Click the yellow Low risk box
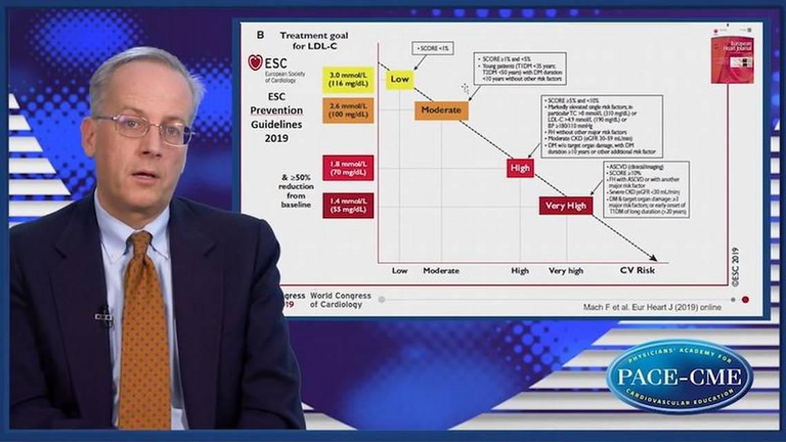[x=399, y=79]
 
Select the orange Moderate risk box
[x=441, y=110]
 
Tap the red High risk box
[x=520, y=167]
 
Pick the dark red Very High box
[x=566, y=206]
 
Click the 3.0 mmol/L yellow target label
[x=348, y=79]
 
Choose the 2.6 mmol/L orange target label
[x=348, y=110]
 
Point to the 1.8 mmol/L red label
[x=348, y=168]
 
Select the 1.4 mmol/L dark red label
[x=348, y=205]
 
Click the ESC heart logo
[x=255, y=63]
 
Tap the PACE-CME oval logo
[x=679, y=376]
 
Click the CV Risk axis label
[x=636, y=271]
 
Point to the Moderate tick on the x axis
[x=441, y=271]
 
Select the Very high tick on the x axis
[x=566, y=271]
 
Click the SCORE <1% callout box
[x=432, y=48]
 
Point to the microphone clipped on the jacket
[x=104, y=316]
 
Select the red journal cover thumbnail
[x=732, y=61]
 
